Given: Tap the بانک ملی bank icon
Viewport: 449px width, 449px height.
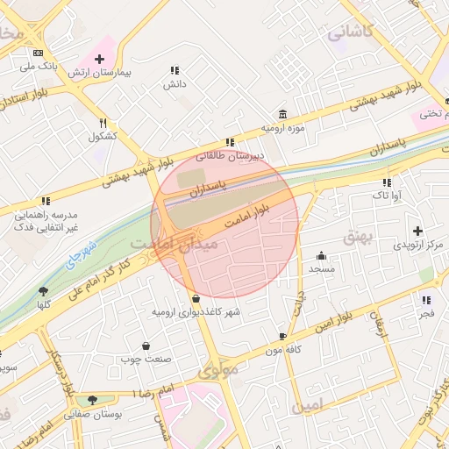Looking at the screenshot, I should pos(39,53).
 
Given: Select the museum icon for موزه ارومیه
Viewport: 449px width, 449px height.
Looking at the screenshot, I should pos(282,114).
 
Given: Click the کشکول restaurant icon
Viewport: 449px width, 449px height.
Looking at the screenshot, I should pos(103,123).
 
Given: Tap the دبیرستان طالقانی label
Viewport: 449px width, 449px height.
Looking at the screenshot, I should pos(203,156).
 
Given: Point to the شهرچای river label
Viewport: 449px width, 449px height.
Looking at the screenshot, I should pos(84,253).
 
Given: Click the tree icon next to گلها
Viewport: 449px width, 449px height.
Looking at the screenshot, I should pos(43,291).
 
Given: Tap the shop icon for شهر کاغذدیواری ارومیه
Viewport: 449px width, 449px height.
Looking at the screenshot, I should pos(195,299).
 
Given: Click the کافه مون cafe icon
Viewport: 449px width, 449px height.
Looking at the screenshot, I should pos(282,337).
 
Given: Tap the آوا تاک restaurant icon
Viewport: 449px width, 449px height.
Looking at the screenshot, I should pos(386,182).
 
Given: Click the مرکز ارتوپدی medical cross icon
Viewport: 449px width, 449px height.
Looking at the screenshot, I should pos(429,230).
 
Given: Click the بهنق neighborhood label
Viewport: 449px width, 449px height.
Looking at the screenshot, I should pos(358,236).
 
